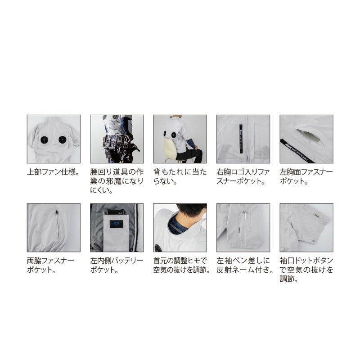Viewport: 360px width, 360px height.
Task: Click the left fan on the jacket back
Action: [44, 139]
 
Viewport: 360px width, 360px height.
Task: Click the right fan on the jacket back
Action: [63, 139]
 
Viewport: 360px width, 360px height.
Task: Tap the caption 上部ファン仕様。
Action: [53, 172]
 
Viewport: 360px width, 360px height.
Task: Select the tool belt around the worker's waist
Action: [117, 140]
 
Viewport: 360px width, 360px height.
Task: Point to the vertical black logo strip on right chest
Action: [241, 139]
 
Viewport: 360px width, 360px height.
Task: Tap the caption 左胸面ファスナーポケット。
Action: [306, 176]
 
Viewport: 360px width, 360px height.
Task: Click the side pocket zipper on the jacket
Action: [57, 224]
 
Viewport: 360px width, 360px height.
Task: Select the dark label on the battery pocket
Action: [117, 224]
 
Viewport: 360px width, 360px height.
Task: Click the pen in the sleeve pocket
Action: [245, 216]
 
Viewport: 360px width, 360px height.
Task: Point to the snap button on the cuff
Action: [314, 241]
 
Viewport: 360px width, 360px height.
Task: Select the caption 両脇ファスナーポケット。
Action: [50, 265]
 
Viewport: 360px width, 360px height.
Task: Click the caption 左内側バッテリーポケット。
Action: [117, 265]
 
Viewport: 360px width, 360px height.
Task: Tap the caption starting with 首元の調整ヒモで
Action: [181, 265]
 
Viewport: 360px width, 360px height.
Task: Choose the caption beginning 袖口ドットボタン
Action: [306, 270]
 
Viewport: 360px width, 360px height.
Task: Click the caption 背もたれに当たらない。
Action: [180, 176]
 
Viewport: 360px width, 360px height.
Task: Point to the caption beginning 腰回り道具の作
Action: [117, 181]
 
